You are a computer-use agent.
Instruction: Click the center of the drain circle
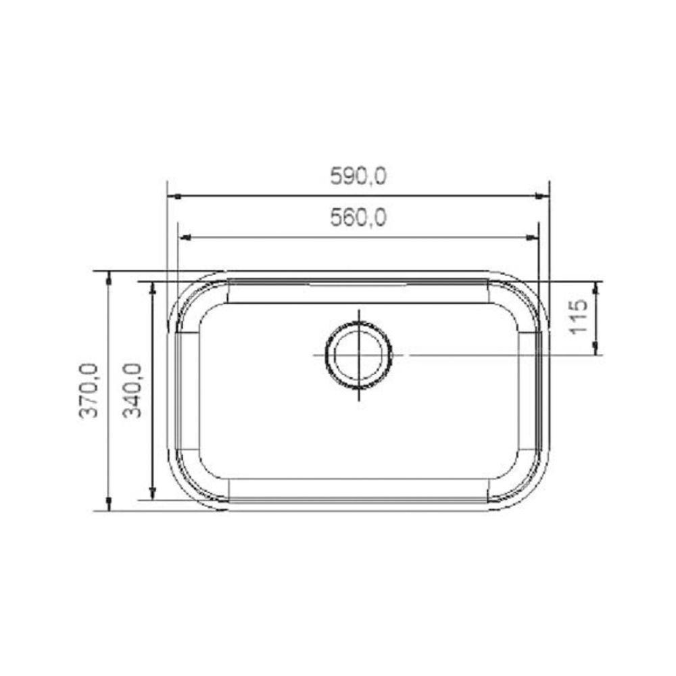tap(358, 354)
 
